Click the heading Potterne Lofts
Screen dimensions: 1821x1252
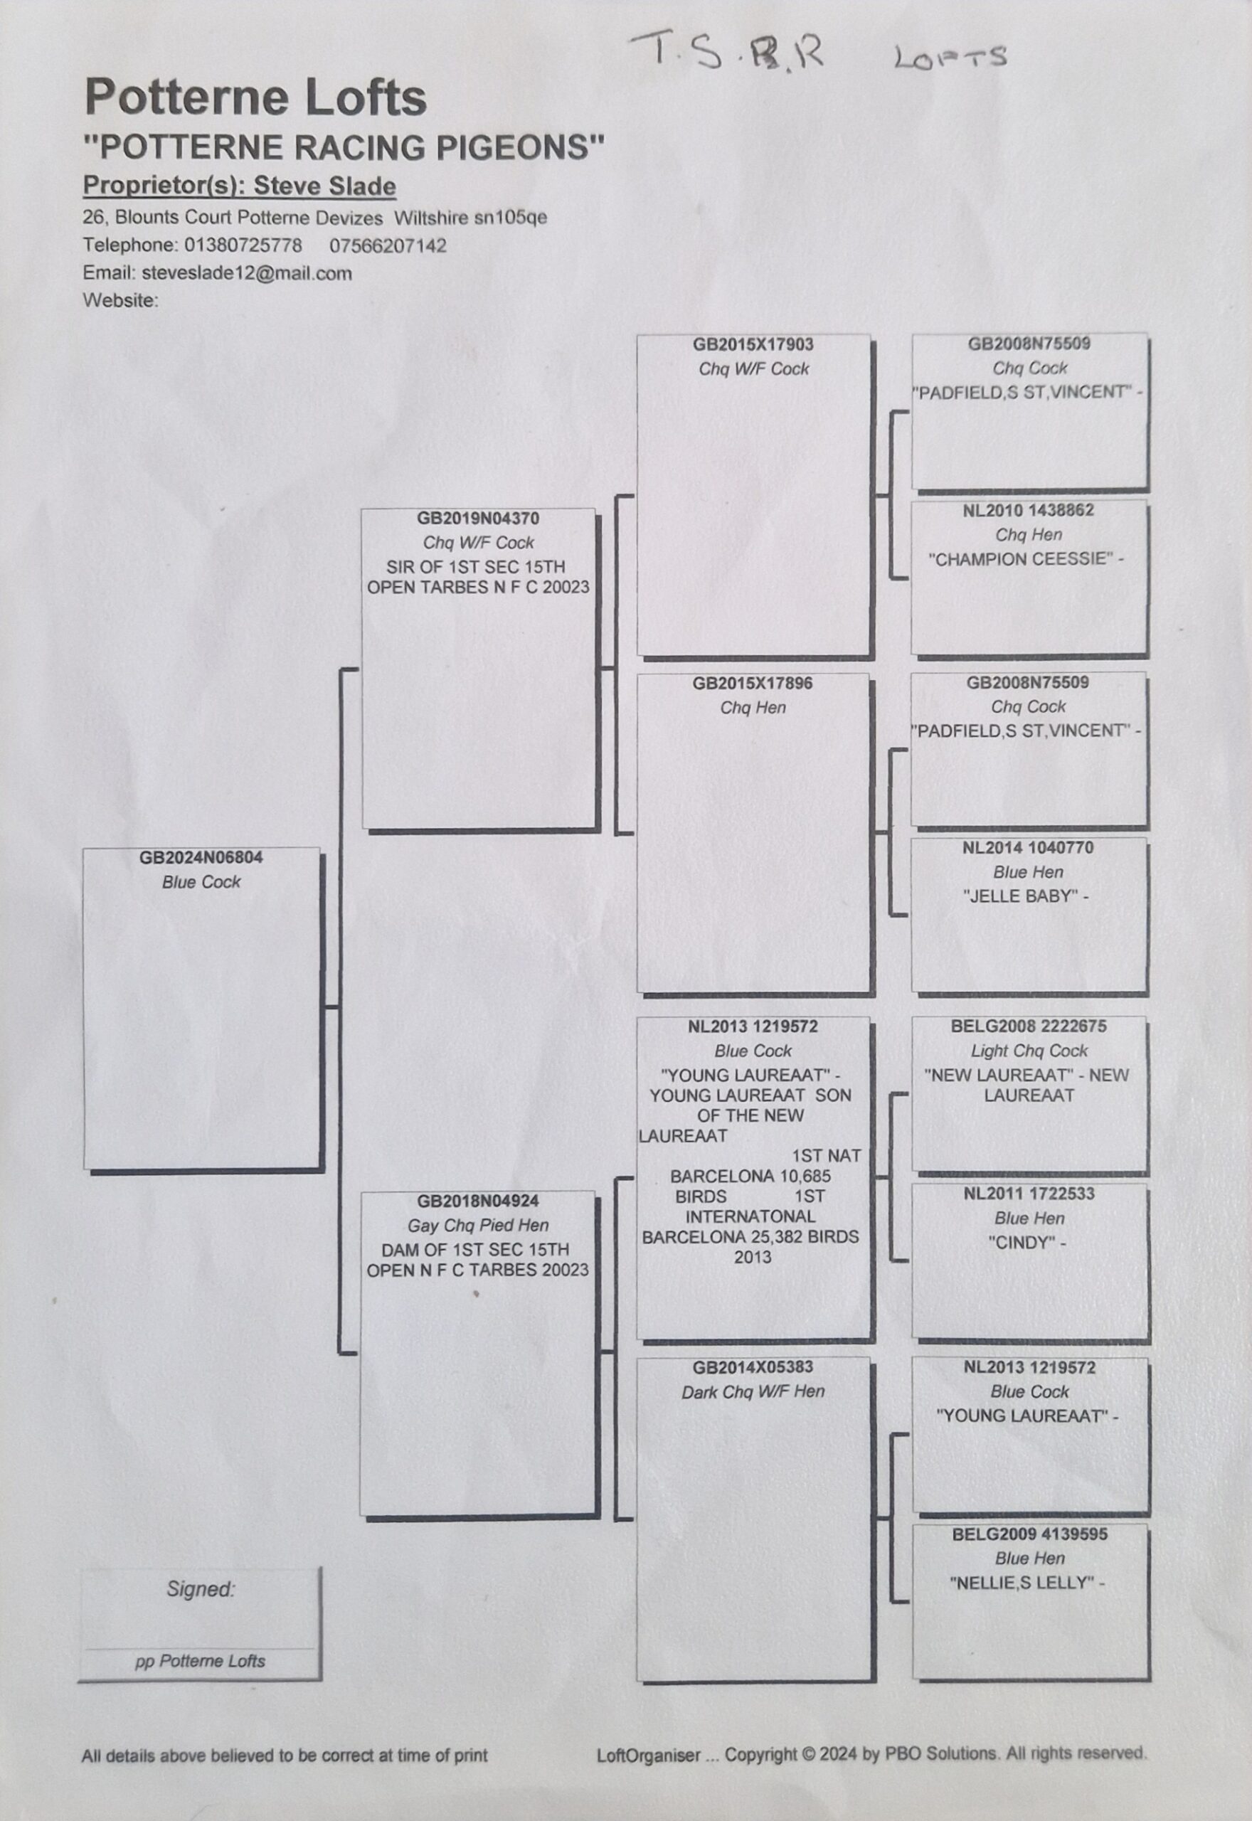click(x=255, y=98)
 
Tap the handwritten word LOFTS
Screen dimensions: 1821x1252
click(x=949, y=57)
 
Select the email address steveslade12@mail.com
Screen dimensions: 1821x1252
click(x=246, y=273)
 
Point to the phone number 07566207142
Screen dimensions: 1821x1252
click(x=388, y=245)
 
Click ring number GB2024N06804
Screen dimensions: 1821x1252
click(x=201, y=857)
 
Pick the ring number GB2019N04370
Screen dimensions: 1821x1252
click(x=478, y=518)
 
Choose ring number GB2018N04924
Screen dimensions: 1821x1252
click(x=478, y=1201)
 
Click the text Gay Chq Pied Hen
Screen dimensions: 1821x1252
click(x=478, y=1225)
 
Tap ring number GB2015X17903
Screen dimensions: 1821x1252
click(x=753, y=344)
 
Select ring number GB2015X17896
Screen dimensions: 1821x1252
click(x=753, y=683)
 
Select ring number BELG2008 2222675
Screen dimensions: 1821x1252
click(x=1029, y=1026)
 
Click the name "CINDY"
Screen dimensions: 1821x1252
click(x=1023, y=1242)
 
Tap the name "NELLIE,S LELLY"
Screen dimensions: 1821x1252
click(x=1022, y=1583)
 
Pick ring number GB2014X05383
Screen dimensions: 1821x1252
click(x=753, y=1367)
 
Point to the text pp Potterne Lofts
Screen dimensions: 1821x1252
click(x=200, y=1661)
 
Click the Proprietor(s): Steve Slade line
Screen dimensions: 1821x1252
click(x=239, y=186)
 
